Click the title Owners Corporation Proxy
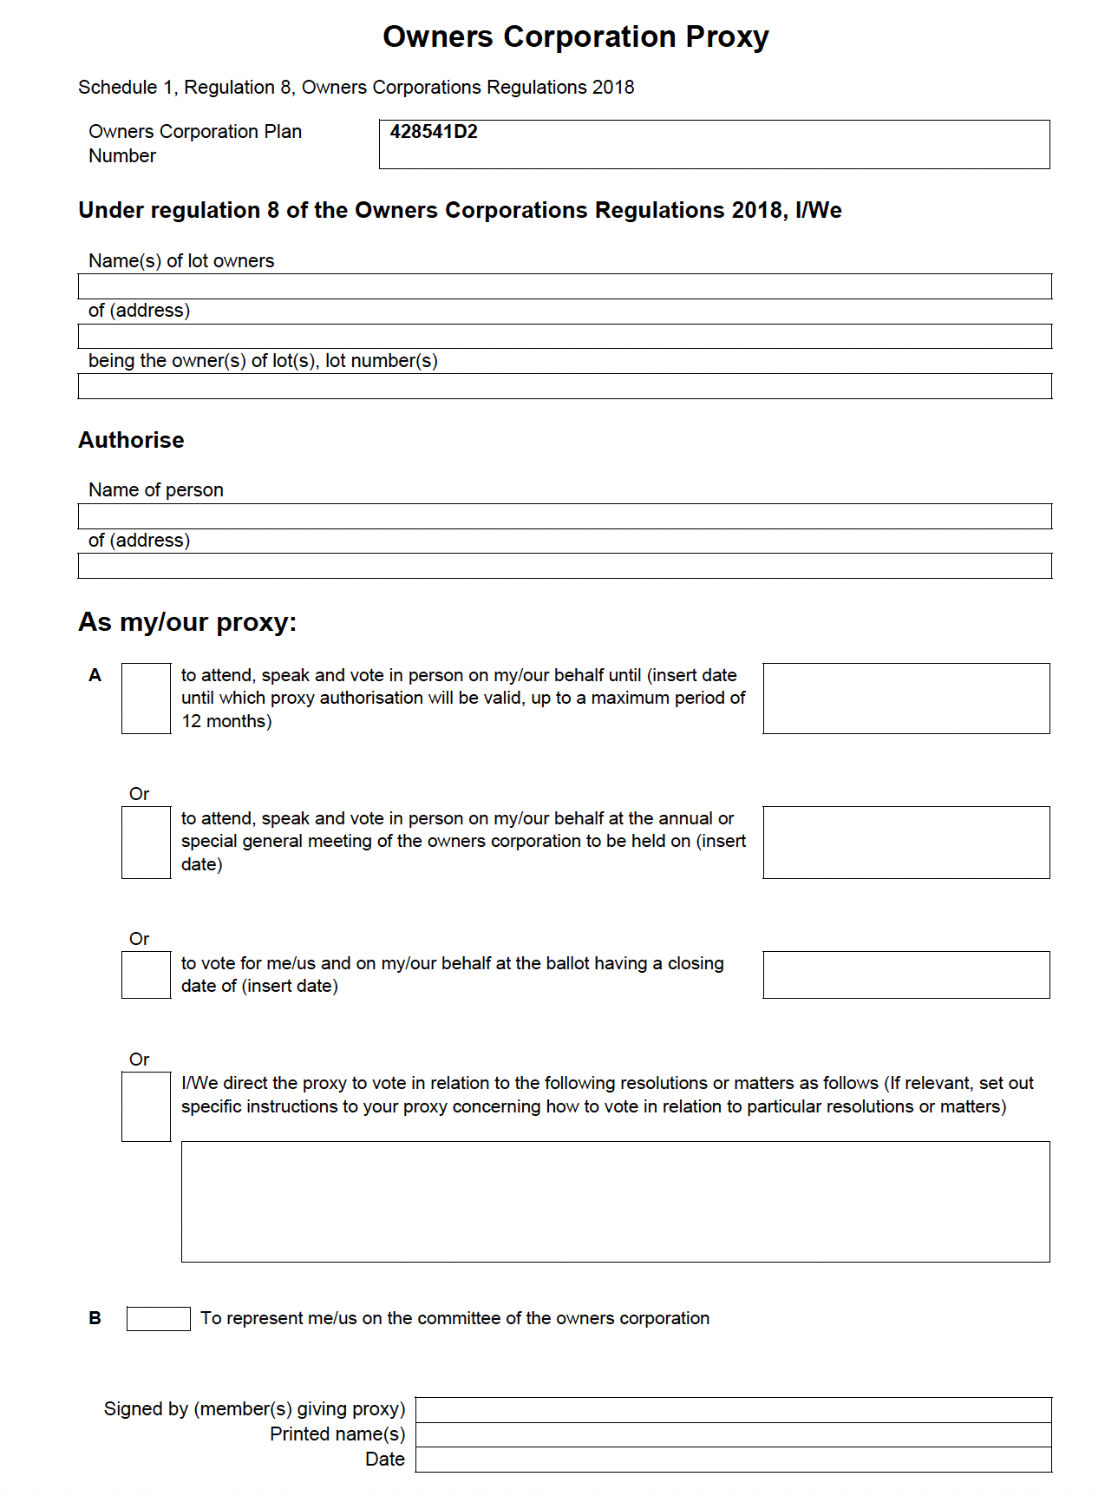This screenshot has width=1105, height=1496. pos(575,37)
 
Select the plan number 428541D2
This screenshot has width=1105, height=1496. pos(434,132)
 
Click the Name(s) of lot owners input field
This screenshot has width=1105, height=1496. pos(565,286)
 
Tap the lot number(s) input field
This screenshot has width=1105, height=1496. pos(565,386)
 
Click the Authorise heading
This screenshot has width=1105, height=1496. pos(131,440)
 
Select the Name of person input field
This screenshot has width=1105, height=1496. pos(565,516)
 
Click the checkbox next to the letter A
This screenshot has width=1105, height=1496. pos(146,699)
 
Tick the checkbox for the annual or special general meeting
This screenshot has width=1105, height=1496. pos(146,843)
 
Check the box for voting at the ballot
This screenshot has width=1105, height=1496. pos(146,974)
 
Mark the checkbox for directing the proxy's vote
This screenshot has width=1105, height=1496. pos(146,1106)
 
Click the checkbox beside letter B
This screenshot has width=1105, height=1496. pos(158,1318)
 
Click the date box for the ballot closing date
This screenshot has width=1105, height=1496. pos(906,974)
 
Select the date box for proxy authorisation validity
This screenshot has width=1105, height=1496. pos(906,699)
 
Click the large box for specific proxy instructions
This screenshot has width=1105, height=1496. pos(615,1202)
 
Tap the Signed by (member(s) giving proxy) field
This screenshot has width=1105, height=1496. pos(733,1409)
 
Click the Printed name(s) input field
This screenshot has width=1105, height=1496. pos(733,1434)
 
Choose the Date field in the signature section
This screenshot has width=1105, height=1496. pos(733,1460)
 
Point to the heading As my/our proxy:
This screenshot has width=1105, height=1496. pos(187,622)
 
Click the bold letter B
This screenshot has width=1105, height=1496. pos(95,1318)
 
